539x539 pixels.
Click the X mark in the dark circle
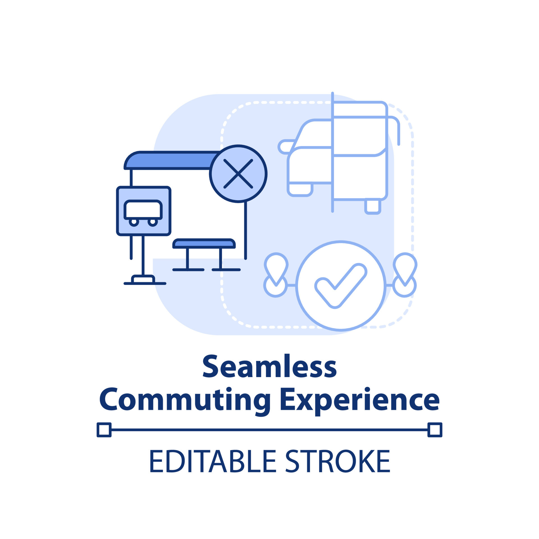tap(238, 174)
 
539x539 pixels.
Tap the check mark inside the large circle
tap(341, 286)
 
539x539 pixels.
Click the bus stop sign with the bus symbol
tap(144, 211)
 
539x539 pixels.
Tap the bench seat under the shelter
tap(204, 244)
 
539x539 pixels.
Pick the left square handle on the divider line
tap(104, 430)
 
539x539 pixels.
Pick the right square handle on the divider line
tap(435, 430)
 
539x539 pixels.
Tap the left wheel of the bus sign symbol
tap(134, 222)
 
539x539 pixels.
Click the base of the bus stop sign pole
tap(143, 279)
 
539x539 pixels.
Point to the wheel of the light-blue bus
tap(373, 206)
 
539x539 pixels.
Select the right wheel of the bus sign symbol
tap(153, 222)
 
